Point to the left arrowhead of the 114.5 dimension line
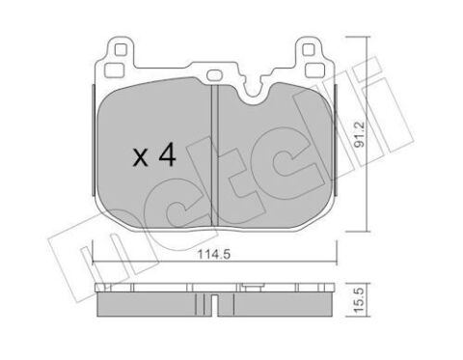tap(91, 263)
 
